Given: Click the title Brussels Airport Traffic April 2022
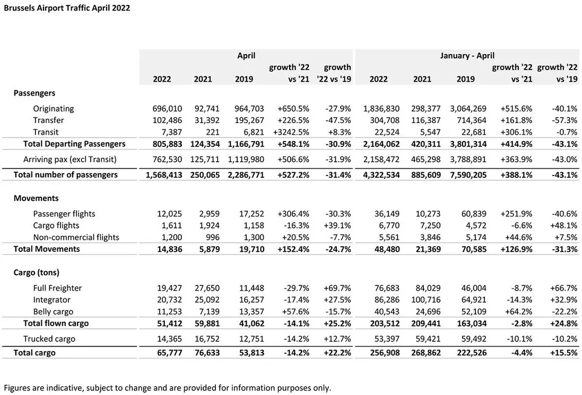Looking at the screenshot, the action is (67, 8).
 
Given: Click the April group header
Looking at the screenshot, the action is (246, 56).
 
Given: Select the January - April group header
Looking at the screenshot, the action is (467, 56).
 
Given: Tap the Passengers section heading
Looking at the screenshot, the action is (34, 93).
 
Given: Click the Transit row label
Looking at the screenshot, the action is (46, 132).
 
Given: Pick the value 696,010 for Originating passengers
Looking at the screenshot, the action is (167, 109).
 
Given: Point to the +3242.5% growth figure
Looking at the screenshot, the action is (291, 132).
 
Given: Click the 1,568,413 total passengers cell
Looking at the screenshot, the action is (164, 174).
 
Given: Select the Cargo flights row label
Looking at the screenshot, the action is (56, 225).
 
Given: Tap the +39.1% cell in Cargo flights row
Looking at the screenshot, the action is (337, 225).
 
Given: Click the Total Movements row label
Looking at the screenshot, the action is (47, 249).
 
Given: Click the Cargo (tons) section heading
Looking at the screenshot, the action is (37, 273).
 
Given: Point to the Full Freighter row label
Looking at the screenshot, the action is (57, 288).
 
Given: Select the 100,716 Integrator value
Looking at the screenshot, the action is (425, 300).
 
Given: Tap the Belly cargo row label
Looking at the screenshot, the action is (53, 312).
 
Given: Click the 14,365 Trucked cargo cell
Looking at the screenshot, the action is (170, 339).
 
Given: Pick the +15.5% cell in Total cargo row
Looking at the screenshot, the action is (564, 353).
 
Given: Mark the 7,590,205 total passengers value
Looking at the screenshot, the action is (468, 174).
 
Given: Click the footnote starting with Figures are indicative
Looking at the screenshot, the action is (168, 388).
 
